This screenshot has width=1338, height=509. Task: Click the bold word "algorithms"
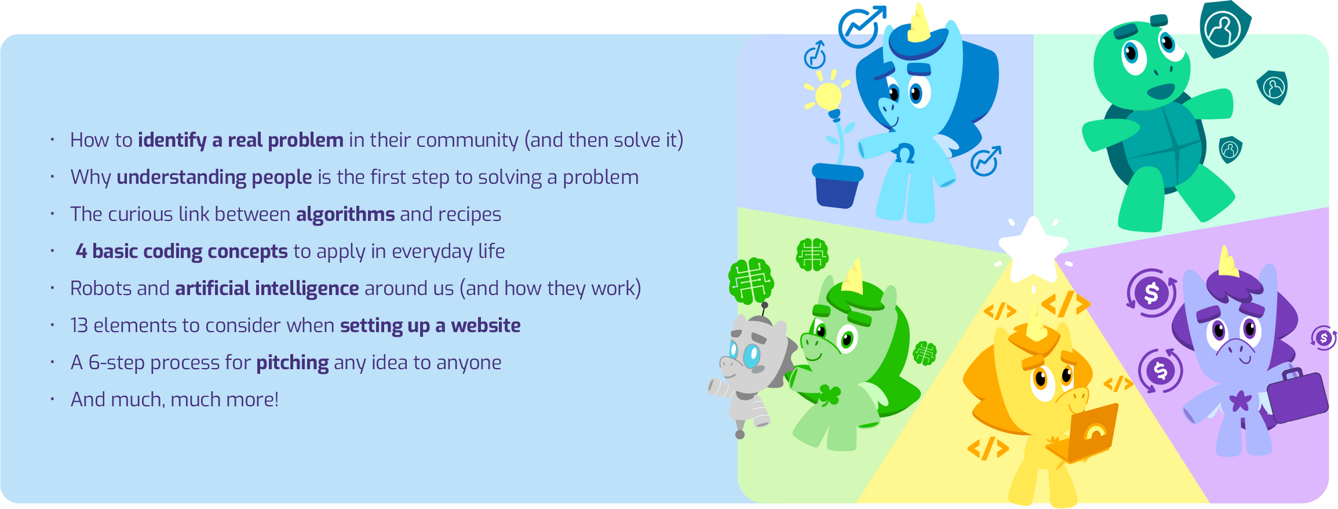tap(345, 215)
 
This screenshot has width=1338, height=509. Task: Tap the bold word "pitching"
tap(292, 363)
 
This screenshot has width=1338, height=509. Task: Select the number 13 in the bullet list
tap(79, 326)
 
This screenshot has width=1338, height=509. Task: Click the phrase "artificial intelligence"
tap(267, 289)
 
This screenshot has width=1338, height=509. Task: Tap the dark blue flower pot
tap(837, 185)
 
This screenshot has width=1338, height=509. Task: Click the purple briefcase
tap(1297, 396)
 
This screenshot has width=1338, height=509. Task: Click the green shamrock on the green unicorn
tap(830, 395)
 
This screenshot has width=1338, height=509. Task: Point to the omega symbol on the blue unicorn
tap(904, 153)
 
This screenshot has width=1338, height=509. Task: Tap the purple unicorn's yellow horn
tap(1228, 262)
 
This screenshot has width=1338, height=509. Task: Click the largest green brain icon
tap(751, 281)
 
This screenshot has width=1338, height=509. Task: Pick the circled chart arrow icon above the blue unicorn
tap(861, 27)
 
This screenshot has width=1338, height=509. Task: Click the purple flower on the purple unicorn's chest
tap(1240, 401)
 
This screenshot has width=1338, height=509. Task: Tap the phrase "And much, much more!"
tap(175, 400)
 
